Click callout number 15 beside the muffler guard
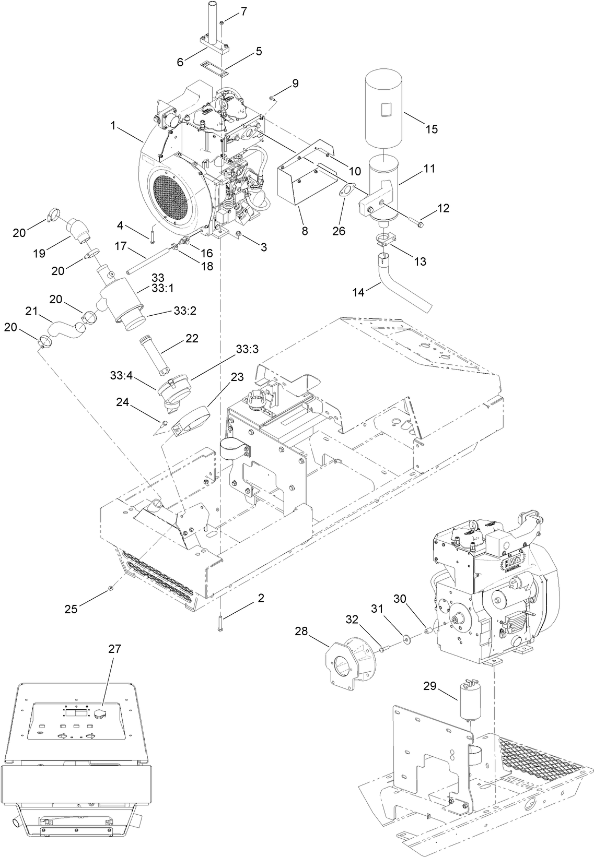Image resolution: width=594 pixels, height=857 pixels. click(x=432, y=129)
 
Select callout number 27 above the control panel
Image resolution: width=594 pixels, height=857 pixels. click(x=114, y=649)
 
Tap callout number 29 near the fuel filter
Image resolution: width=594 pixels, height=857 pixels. click(x=429, y=687)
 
